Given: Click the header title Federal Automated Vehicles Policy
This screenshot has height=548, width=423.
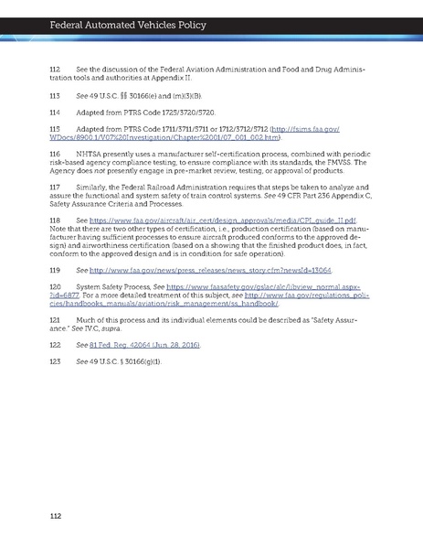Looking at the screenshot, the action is click(105, 13).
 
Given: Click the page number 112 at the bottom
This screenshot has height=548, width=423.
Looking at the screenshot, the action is click(55, 518).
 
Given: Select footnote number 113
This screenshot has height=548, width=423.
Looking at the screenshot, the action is click(55, 94).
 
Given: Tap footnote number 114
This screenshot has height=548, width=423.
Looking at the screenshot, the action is click(55, 113).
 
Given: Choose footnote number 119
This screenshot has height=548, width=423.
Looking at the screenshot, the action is click(55, 273).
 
